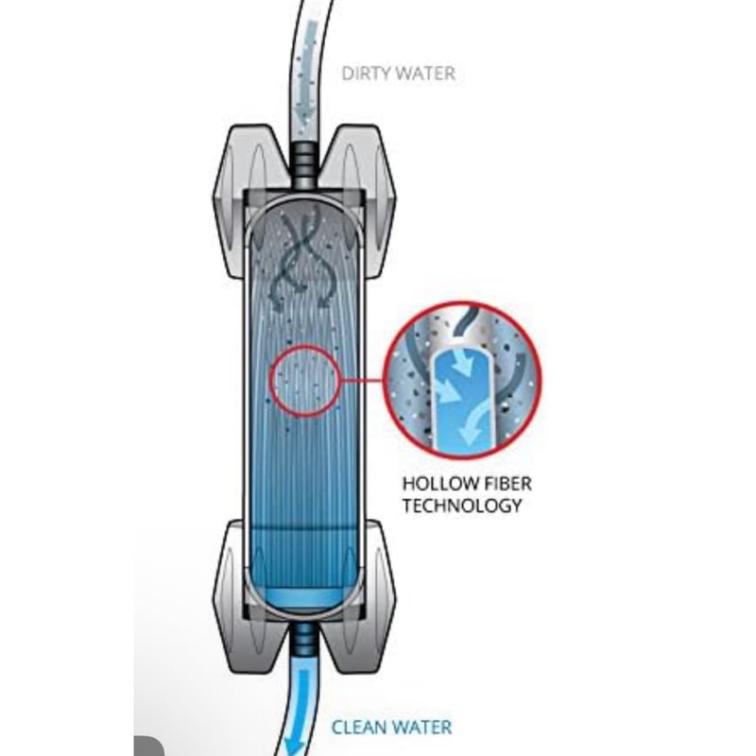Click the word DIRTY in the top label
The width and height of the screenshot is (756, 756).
[x=362, y=73]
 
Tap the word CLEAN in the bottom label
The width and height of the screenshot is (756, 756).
[x=357, y=727]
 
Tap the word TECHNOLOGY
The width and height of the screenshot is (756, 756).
[x=462, y=506]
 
